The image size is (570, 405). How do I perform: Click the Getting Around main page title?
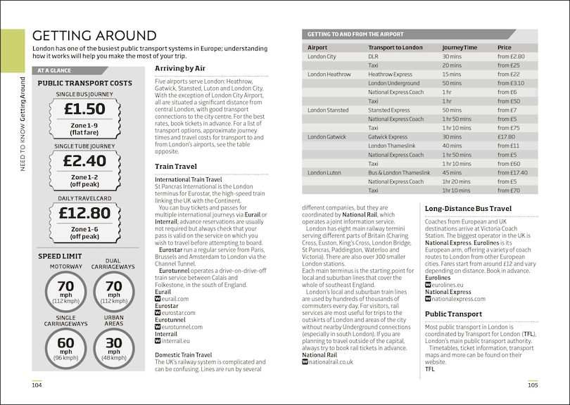(94, 36)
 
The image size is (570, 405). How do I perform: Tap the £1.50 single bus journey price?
(84, 109)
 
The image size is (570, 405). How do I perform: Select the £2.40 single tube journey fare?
(84, 161)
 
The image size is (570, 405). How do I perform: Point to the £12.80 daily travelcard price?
(84, 212)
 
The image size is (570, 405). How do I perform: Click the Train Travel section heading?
(176, 167)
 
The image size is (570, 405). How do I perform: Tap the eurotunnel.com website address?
(181, 327)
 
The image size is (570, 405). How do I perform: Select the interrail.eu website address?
(176, 341)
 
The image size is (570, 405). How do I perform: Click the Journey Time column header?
(460, 47)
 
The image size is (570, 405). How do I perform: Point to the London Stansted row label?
(328, 110)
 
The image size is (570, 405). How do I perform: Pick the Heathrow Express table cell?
(390, 74)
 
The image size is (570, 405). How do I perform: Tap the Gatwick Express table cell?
(388, 137)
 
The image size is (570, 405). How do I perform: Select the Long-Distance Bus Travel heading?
(468, 208)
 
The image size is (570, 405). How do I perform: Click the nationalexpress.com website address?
(458, 298)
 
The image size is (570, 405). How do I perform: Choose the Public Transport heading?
(453, 314)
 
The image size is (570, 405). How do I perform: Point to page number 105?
(533, 385)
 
